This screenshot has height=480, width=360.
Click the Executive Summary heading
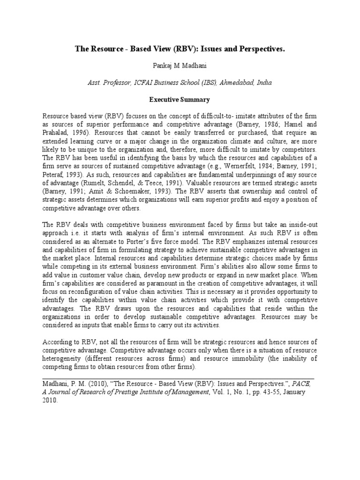(180, 100)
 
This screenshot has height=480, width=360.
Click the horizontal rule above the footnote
(178, 377)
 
